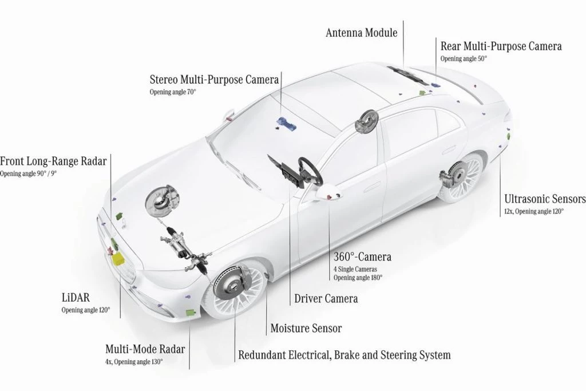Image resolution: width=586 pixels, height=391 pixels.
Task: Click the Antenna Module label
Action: (361, 33)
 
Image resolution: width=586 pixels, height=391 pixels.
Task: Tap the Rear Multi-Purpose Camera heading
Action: (501, 46)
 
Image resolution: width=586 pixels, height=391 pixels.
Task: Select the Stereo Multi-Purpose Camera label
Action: (214, 79)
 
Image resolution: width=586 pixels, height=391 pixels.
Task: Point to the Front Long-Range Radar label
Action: (53, 161)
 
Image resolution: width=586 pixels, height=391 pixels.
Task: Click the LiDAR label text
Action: (78, 298)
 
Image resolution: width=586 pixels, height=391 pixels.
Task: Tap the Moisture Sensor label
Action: (306, 328)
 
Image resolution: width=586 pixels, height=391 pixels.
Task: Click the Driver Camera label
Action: (326, 298)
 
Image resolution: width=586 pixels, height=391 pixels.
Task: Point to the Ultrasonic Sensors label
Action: (545, 199)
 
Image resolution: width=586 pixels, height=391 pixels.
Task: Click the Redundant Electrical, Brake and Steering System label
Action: (344, 355)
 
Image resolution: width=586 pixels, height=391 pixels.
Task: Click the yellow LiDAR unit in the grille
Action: (120, 256)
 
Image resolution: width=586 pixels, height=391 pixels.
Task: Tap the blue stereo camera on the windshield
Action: (284, 122)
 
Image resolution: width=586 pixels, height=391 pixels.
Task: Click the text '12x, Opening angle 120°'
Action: (534, 211)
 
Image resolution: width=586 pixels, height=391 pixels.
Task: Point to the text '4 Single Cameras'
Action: (355, 268)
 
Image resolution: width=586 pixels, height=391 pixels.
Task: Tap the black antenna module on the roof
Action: (407, 71)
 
